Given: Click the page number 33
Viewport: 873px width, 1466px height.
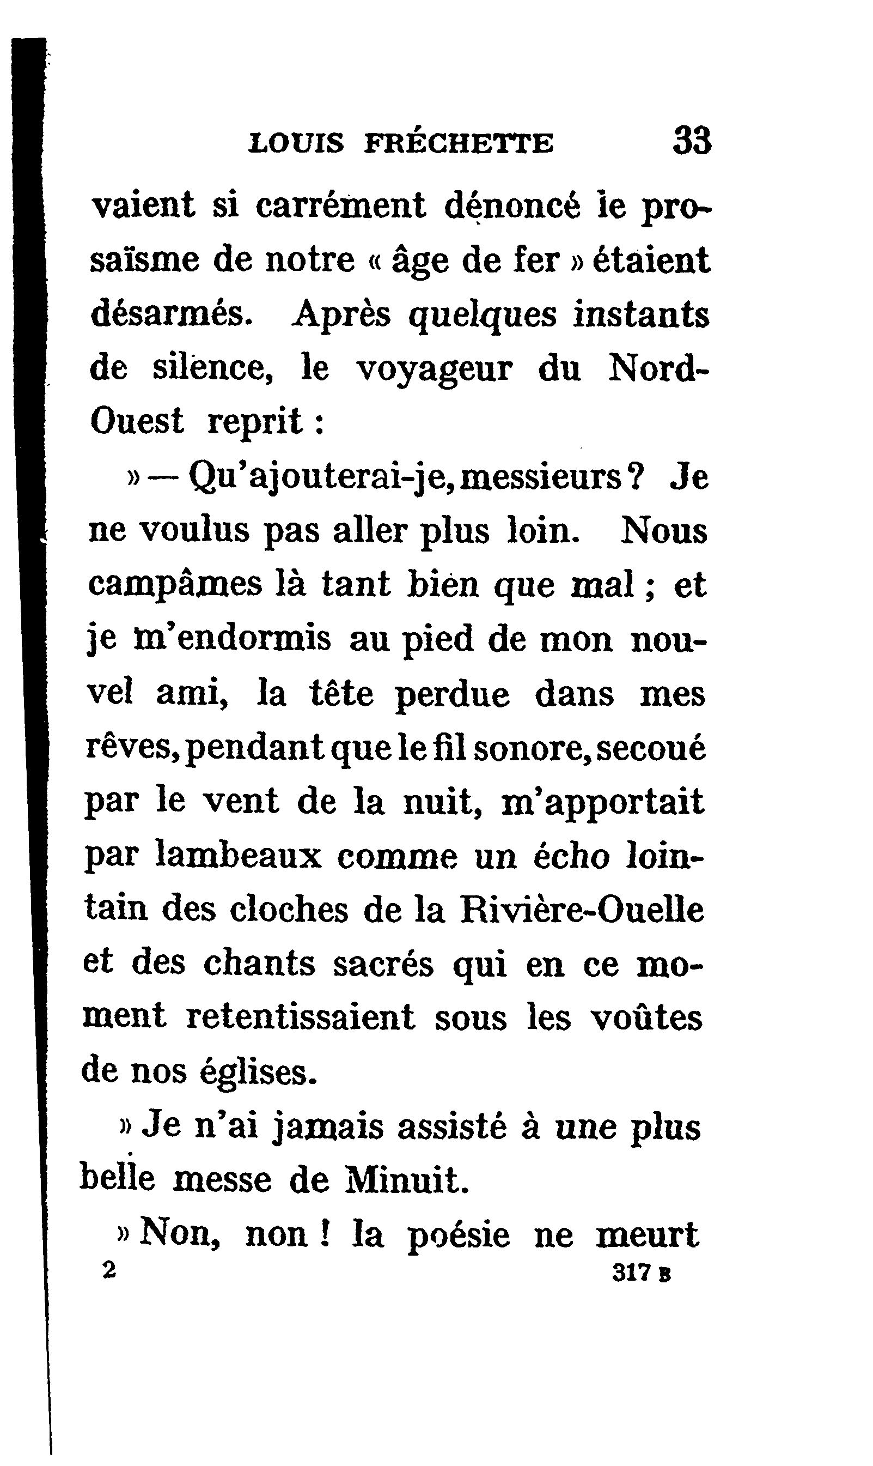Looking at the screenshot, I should click(x=692, y=141).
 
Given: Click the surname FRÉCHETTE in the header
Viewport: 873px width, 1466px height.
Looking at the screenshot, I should click(x=459, y=143).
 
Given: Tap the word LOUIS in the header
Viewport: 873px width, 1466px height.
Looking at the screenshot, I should click(x=296, y=143).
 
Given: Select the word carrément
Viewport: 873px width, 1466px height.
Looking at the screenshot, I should click(x=340, y=206).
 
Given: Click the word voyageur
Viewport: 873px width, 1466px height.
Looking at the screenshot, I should click(x=435, y=369).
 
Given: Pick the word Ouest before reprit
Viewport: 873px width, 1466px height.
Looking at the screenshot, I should click(x=137, y=421).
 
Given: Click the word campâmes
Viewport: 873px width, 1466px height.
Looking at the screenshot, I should click(x=175, y=585).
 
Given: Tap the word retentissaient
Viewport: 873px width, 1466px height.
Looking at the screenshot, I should click(x=301, y=1017).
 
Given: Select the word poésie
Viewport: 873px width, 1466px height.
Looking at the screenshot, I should click(x=458, y=1235).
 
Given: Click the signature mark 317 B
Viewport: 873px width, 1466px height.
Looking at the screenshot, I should click(x=641, y=1273).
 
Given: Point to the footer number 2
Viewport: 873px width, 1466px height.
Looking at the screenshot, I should click(x=109, y=1272).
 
